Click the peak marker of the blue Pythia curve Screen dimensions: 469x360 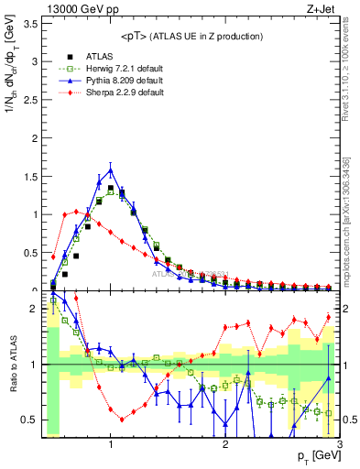click(x=111, y=169)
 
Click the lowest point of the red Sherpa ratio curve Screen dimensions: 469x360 click(x=122, y=420)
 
